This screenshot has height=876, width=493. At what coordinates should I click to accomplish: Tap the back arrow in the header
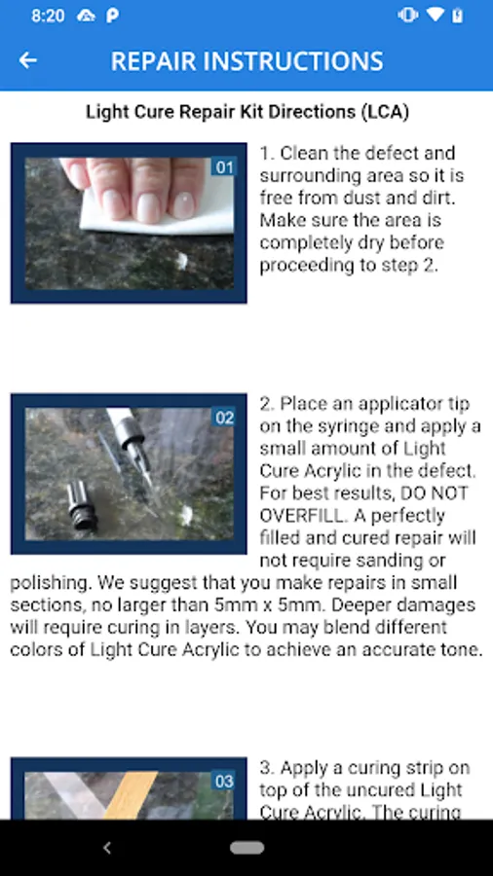pyautogui.click(x=28, y=60)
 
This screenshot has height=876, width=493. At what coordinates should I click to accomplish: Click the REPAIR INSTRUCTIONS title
pyautogui.click(x=247, y=61)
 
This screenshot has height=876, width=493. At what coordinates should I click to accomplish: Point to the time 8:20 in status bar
pyautogui.click(x=48, y=16)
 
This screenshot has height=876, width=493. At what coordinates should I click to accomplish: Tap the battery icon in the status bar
pyautogui.click(x=458, y=15)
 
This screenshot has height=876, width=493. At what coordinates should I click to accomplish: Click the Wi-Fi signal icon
pyautogui.click(x=435, y=15)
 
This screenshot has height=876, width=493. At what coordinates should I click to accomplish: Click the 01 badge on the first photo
pyautogui.click(x=224, y=167)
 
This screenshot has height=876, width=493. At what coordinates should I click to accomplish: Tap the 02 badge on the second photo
pyautogui.click(x=224, y=418)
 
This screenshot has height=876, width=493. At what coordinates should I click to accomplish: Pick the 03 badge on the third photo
pyautogui.click(x=224, y=781)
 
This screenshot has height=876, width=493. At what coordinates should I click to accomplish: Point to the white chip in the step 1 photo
pyautogui.click(x=181, y=259)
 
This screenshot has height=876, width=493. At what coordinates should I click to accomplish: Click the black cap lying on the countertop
pyautogui.click(x=81, y=505)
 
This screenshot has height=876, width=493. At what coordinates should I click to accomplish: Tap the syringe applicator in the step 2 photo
pyautogui.click(x=132, y=441)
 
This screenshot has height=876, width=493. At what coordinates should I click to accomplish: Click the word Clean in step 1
pyautogui.click(x=305, y=153)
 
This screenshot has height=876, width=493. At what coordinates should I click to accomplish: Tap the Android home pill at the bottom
pyautogui.click(x=247, y=848)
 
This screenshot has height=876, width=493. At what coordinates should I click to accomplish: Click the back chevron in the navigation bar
pyautogui.click(x=107, y=848)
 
